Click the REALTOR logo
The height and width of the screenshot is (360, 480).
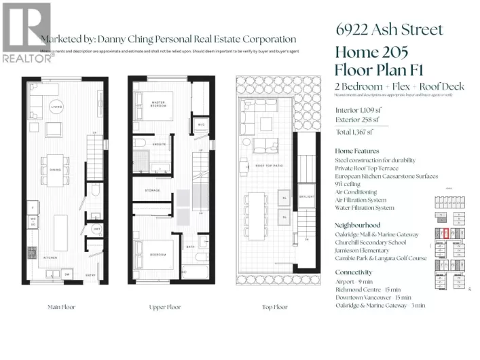point(26,31)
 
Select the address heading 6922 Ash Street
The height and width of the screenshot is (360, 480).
point(389,29)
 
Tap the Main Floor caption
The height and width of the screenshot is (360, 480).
point(64,307)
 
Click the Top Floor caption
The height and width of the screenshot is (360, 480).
point(274,307)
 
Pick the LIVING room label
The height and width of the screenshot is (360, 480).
point(57,107)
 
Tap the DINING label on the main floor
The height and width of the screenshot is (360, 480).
point(56,151)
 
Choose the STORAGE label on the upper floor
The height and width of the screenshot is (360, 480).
point(152,190)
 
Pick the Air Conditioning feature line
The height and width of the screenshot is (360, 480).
point(358,192)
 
